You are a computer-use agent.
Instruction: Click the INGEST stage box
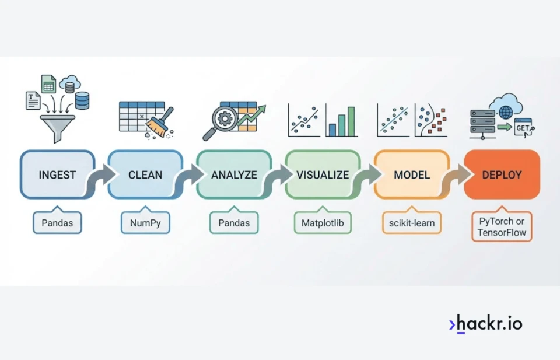[x=57, y=174]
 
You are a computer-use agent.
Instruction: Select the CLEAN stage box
[x=145, y=174]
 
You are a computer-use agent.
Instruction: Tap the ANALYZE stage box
[x=233, y=174]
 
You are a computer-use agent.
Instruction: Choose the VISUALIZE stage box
[x=323, y=174]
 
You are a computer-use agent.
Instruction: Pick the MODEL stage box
[x=412, y=174]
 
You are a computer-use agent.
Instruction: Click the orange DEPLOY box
[x=502, y=174]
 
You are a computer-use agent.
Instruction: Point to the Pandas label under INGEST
[x=57, y=223]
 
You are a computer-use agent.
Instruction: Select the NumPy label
[x=145, y=223]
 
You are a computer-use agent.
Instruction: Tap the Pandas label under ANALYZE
[x=233, y=223]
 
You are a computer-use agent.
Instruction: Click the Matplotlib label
[x=323, y=223]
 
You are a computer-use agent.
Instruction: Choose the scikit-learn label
[x=412, y=223]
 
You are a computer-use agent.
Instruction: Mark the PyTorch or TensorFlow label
[x=502, y=227]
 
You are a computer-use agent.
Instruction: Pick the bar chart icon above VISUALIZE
[x=341, y=121]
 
